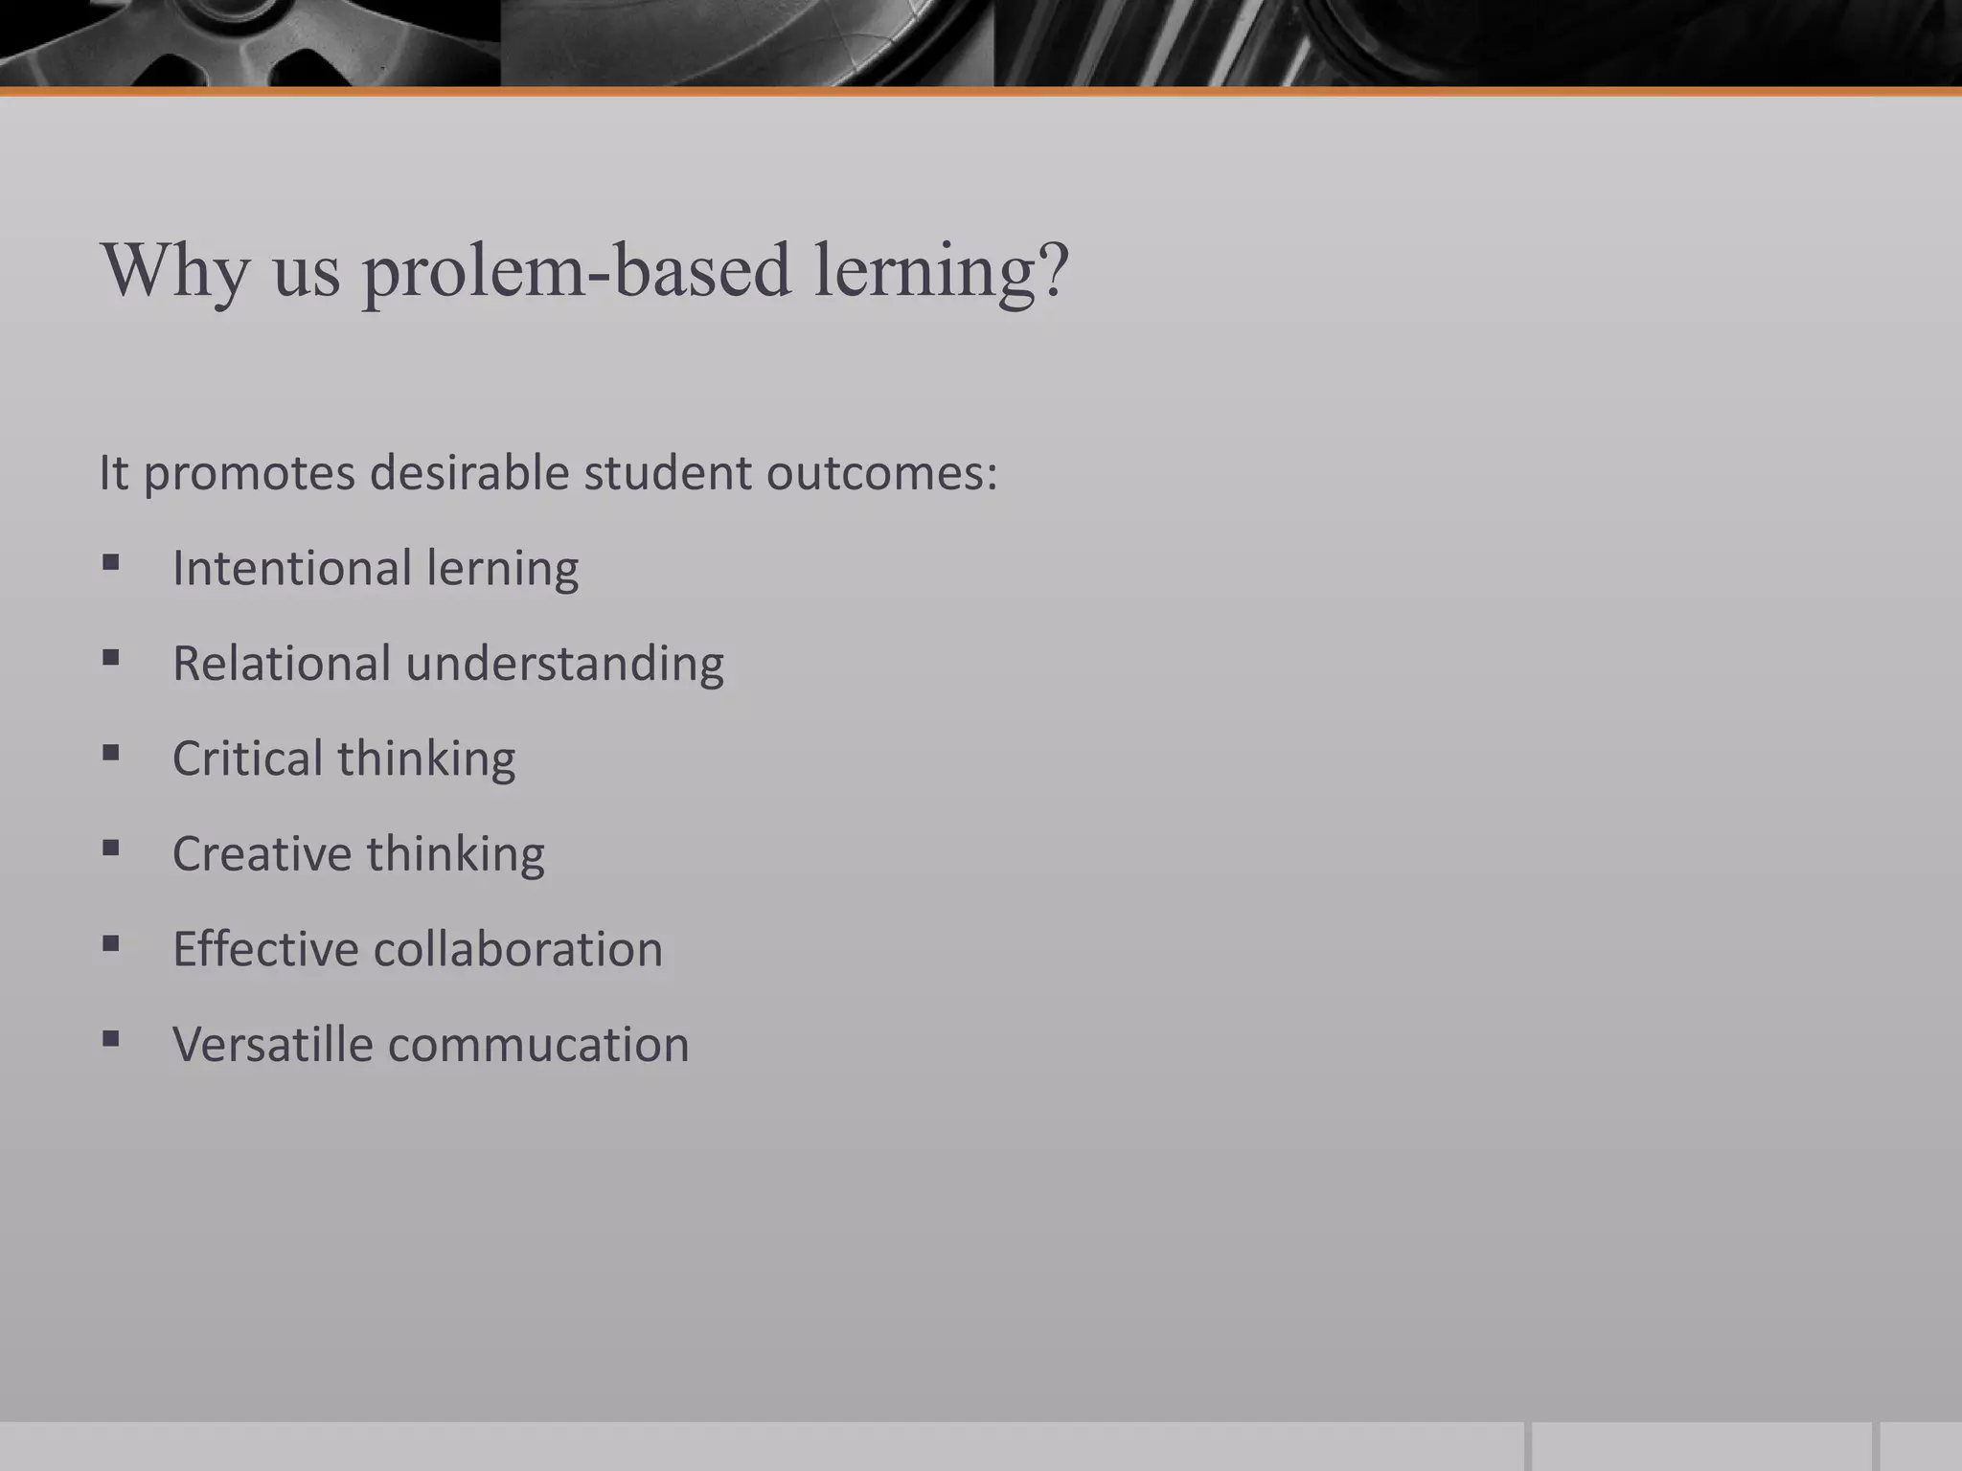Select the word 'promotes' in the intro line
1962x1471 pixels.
click(x=249, y=473)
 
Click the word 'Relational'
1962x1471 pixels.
click(x=282, y=663)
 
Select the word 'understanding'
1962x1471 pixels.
click(x=564, y=664)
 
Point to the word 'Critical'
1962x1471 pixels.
click(x=247, y=758)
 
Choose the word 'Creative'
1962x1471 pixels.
click(x=262, y=853)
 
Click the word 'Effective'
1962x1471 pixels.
click(x=264, y=948)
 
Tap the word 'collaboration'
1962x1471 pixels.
click(x=517, y=948)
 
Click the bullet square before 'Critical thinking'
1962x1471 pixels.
click(x=111, y=753)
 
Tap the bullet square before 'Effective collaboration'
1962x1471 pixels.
click(x=111, y=944)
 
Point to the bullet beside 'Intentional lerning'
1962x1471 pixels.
click(x=111, y=562)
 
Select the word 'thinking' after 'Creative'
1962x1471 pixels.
click(x=455, y=854)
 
